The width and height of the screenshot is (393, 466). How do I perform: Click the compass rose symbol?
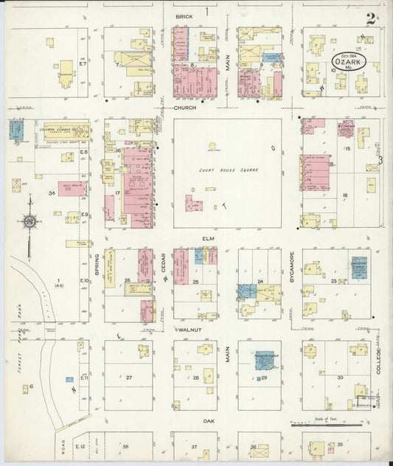(x=29, y=220)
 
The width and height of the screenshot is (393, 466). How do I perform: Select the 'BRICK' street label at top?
(x=183, y=15)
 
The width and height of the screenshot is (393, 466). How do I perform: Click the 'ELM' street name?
(x=207, y=238)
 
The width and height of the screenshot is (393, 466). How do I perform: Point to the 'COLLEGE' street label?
(x=381, y=361)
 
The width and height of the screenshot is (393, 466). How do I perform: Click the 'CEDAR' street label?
(x=163, y=264)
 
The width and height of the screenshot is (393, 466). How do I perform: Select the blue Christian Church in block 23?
(x=359, y=265)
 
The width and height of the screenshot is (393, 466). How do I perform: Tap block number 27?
(x=128, y=377)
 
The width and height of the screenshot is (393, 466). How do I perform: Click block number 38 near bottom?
(x=125, y=447)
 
